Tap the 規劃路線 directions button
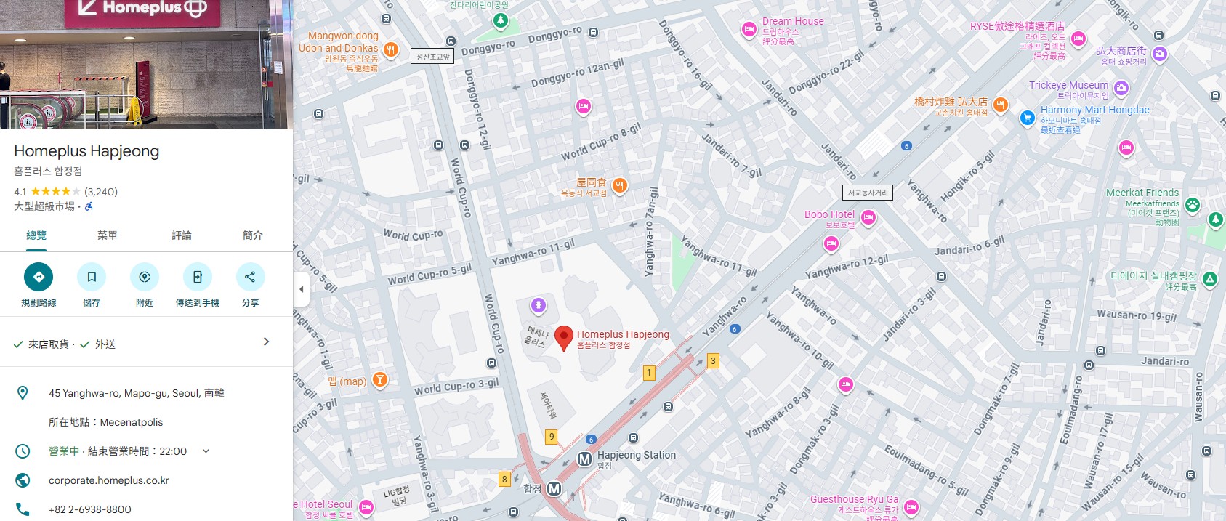pyautogui.click(x=39, y=277)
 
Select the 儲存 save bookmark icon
pyautogui.click(x=92, y=277)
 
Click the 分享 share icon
pyautogui.click(x=250, y=277)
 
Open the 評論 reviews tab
pyautogui.click(x=182, y=235)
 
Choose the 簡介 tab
pyautogui.click(x=252, y=235)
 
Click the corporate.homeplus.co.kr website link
pyautogui.click(x=109, y=480)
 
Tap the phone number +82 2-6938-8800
pyautogui.click(x=90, y=509)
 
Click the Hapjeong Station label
pyautogui.click(x=636, y=456)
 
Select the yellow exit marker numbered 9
pyautogui.click(x=552, y=437)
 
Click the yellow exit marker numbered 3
pyautogui.click(x=713, y=361)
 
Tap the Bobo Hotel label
pyautogui.click(x=829, y=215)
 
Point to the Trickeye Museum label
pyautogui.click(x=1068, y=86)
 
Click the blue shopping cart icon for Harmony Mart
pyautogui.click(x=1027, y=118)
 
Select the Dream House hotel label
pyautogui.click(x=792, y=22)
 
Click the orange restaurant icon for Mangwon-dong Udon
pyautogui.click(x=391, y=49)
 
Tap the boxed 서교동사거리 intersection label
pyautogui.click(x=868, y=193)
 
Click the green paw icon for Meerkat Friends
pyautogui.click(x=1193, y=205)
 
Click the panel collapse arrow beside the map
pyautogui.click(x=302, y=289)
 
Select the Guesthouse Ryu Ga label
pyautogui.click(x=854, y=500)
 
